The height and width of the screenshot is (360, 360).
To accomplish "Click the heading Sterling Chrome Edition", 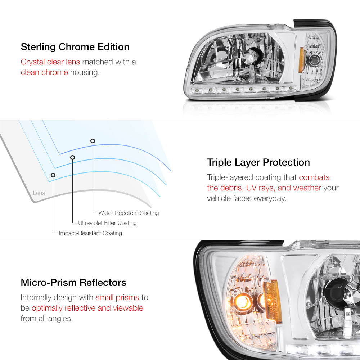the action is [75, 47].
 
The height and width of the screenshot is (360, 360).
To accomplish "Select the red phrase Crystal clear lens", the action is [50, 62].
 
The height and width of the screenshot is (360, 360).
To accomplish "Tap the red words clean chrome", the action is [44, 72].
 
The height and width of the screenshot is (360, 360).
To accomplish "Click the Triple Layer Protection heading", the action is [258, 162].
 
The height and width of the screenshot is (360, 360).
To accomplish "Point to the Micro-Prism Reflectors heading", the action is [73, 282].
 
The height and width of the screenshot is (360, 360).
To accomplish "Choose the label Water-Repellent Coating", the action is [129, 213].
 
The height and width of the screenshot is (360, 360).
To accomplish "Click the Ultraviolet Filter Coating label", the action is [107, 223].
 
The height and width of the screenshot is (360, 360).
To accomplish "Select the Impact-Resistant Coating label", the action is [90, 233].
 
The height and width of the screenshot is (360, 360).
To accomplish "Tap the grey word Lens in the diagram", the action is [39, 193].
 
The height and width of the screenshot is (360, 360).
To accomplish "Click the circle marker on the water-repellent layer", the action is [93, 141].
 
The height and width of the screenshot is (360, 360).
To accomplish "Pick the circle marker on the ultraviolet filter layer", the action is [73, 158].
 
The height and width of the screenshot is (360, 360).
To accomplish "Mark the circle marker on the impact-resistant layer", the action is [53, 175].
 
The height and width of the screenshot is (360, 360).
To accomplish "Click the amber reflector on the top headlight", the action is [301, 60].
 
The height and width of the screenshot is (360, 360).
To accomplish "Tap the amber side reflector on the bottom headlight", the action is [273, 301].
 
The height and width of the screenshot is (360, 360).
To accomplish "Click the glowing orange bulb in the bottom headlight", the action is [242, 301].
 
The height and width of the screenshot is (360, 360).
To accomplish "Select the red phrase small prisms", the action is [117, 298].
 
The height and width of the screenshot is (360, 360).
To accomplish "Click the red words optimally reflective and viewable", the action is [87, 308].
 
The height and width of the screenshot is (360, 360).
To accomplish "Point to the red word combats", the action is [314, 177].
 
